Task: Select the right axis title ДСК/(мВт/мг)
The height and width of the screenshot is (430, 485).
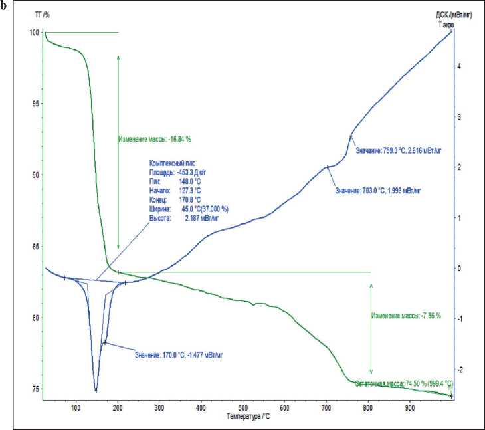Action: point(454,14)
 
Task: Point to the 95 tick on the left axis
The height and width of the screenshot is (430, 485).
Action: point(36,104)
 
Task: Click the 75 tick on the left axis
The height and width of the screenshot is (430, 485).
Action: point(36,389)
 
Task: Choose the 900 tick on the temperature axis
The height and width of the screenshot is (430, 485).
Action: point(410,406)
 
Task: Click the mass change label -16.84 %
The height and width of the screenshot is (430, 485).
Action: point(159,140)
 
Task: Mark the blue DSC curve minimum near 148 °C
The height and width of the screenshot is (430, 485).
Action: point(96,390)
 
